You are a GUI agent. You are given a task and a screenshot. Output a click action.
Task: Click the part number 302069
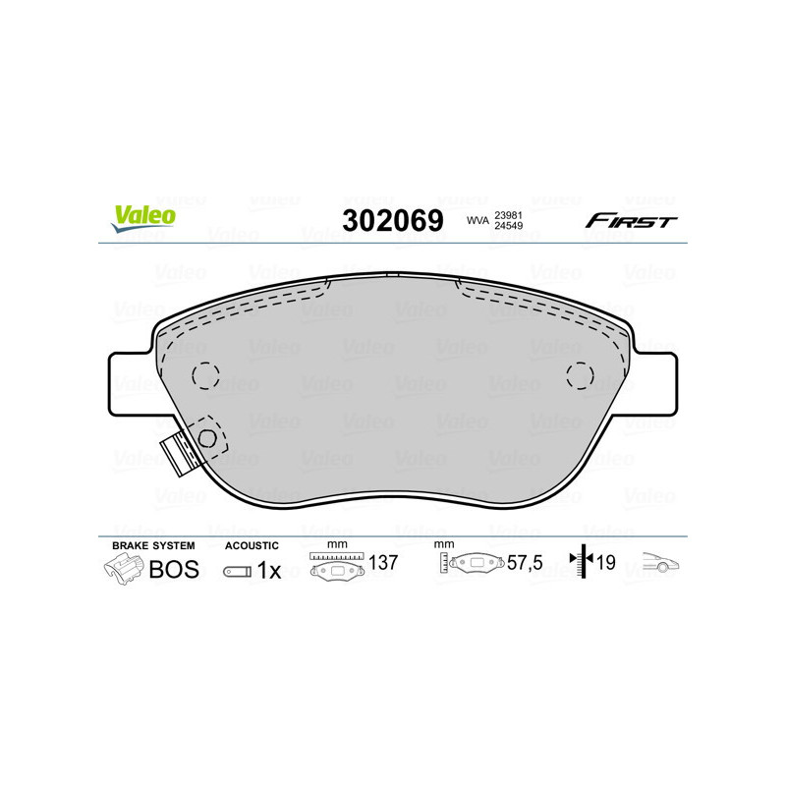tap(392, 220)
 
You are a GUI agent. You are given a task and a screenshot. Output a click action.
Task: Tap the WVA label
tap(477, 220)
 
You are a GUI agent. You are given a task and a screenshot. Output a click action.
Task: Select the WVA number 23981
tap(508, 213)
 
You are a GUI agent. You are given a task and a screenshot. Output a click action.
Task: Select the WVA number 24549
tap(508, 227)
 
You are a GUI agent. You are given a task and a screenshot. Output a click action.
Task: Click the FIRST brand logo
tap(631, 221)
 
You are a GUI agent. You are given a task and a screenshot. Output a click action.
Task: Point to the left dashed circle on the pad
tap(205, 374)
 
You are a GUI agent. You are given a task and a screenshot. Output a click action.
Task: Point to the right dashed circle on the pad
tap(581, 374)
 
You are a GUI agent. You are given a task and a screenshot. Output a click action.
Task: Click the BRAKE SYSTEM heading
tap(153, 545)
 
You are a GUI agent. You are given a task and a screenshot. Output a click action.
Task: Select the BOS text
tap(174, 570)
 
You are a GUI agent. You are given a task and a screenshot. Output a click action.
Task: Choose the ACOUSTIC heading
tap(252, 545)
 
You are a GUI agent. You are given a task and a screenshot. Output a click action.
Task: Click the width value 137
tap(382, 563)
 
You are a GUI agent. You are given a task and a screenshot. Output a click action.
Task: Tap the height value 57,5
tap(524, 563)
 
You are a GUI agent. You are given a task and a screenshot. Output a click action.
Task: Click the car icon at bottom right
tap(661, 564)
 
